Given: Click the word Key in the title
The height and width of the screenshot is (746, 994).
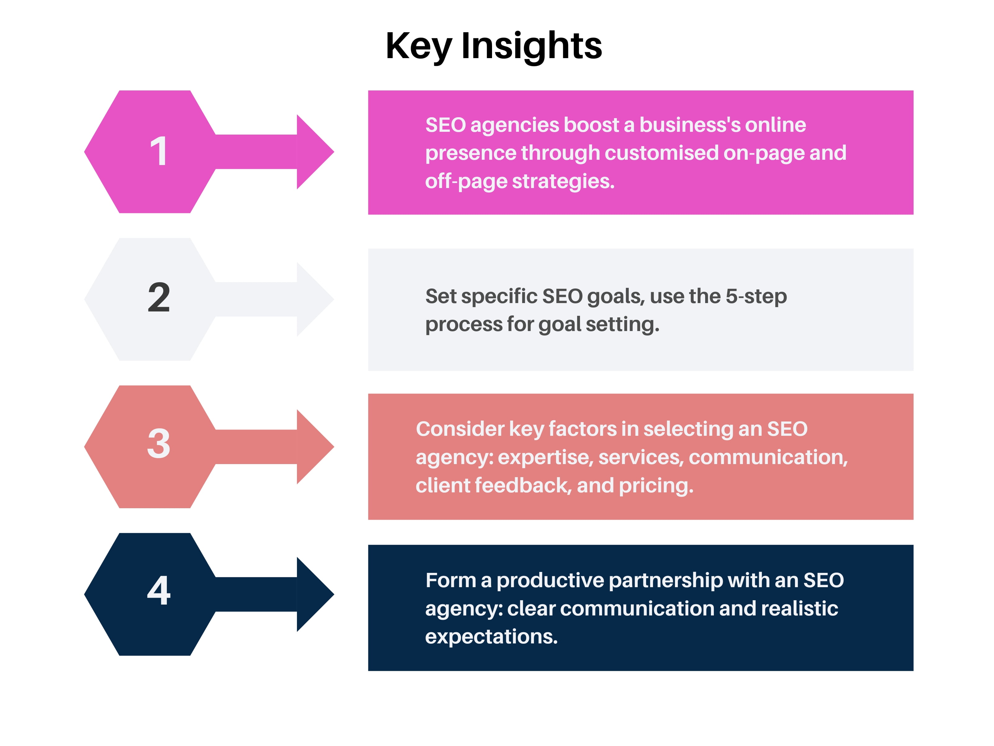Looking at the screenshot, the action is [418, 46].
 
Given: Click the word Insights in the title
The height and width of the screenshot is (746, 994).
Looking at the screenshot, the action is [531, 46].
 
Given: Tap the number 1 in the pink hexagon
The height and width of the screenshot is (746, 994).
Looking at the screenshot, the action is [159, 152].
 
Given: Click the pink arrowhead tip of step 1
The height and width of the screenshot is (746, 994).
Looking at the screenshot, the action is [334, 152].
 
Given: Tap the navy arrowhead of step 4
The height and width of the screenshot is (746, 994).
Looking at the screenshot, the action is [315, 594].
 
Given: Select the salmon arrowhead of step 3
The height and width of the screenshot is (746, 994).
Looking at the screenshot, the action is [315, 447].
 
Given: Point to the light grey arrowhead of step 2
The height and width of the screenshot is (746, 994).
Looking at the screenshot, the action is [315, 299].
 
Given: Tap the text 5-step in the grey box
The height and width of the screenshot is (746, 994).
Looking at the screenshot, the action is [756, 297].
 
